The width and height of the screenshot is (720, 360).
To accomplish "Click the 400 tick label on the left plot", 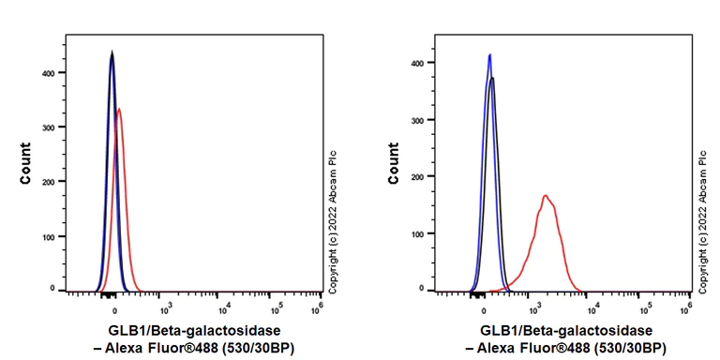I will (x=49, y=72).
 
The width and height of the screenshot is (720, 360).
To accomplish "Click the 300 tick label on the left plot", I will (x=49, y=127).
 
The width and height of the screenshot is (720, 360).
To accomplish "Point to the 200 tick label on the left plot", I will (x=49, y=182).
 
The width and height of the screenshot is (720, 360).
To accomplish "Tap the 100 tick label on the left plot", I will (x=49, y=236).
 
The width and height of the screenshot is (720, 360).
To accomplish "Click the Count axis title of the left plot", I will (x=26, y=162).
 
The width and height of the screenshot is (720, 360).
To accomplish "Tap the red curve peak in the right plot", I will (x=545, y=195).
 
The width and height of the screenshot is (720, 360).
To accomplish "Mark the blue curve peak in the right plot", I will (x=489, y=54).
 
